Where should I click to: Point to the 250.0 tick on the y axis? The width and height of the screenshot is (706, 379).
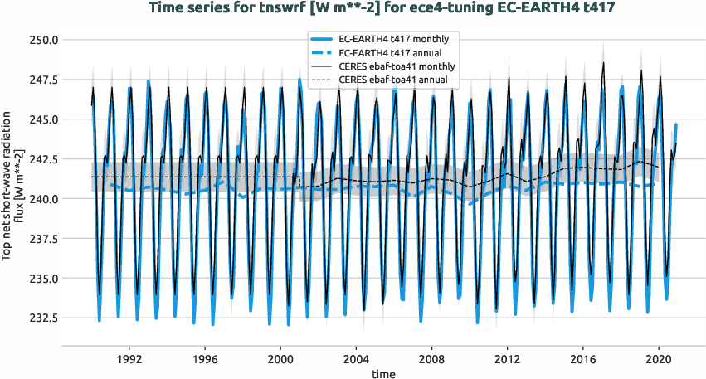pyautogui.click(x=42, y=40)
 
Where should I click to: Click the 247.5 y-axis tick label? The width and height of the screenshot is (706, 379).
pyautogui.click(x=42, y=80)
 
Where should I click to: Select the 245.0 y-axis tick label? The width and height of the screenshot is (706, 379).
pyautogui.click(x=42, y=119)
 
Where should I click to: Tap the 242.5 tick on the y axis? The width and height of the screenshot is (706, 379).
pyautogui.click(x=42, y=159)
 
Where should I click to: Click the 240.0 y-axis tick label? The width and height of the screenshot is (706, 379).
pyautogui.click(x=42, y=199)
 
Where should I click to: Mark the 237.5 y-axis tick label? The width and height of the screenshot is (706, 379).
pyautogui.click(x=42, y=239)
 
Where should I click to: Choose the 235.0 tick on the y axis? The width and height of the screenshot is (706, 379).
pyautogui.click(x=42, y=279)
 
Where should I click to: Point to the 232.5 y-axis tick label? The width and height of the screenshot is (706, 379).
pyautogui.click(x=42, y=318)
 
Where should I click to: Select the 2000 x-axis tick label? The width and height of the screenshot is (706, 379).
pyautogui.click(x=280, y=360)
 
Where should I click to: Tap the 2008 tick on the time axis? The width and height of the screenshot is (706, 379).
pyautogui.click(x=431, y=360)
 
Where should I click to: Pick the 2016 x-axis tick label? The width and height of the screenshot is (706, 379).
pyautogui.click(x=582, y=360)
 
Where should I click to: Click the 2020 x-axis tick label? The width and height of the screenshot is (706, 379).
pyautogui.click(x=658, y=360)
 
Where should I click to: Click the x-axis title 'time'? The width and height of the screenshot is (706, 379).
pyautogui.click(x=383, y=374)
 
